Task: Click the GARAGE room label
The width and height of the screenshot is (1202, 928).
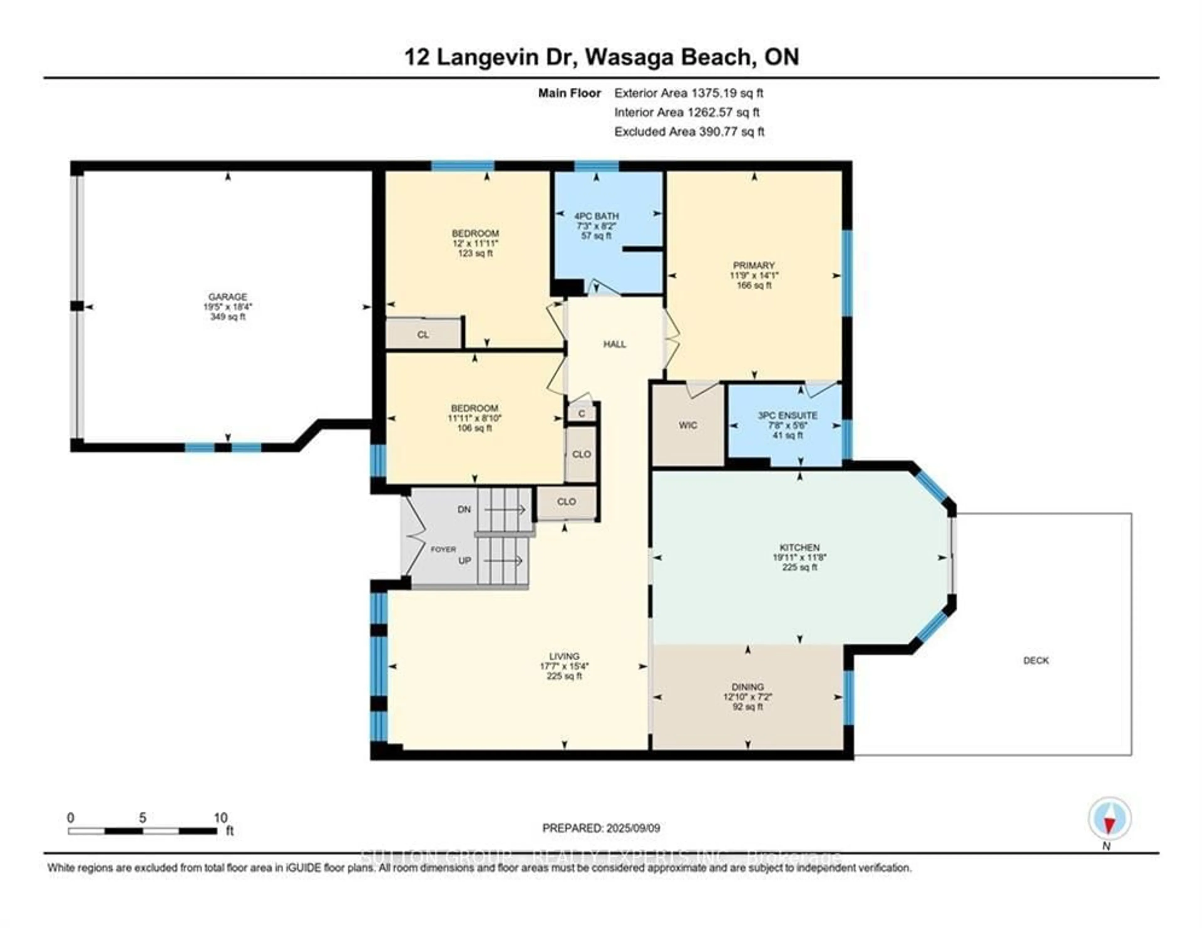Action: tap(227, 297)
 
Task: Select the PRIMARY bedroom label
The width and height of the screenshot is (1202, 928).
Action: tap(753, 265)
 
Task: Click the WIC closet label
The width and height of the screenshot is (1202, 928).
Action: tap(687, 425)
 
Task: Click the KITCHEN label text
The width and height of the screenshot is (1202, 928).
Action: tap(799, 548)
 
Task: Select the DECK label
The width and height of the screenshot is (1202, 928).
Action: tap(1036, 661)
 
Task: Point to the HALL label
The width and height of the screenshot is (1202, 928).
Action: tap(614, 345)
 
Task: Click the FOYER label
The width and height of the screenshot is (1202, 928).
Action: tap(443, 549)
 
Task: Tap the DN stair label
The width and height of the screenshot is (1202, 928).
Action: tap(464, 510)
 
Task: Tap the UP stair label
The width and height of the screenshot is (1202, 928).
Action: tap(465, 561)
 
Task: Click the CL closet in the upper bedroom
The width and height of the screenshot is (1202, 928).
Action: tap(423, 335)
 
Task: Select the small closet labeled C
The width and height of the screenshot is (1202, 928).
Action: tap(581, 413)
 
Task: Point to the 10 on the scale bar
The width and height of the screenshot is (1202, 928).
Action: tap(220, 818)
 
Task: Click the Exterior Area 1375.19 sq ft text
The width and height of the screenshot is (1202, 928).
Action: tap(689, 93)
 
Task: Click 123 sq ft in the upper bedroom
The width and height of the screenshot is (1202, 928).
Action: tap(475, 253)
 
